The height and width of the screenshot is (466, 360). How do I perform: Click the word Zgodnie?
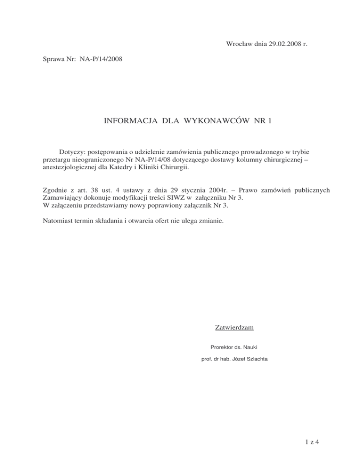pyautogui.click(x=49, y=190)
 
